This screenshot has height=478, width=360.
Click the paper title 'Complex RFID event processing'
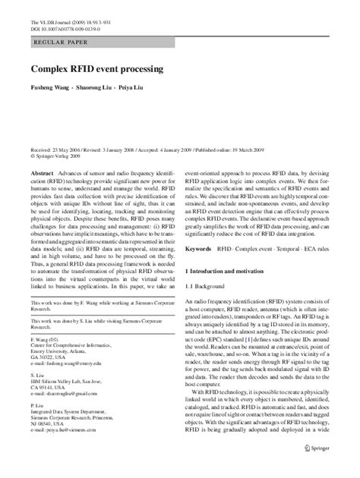coord(96,69)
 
